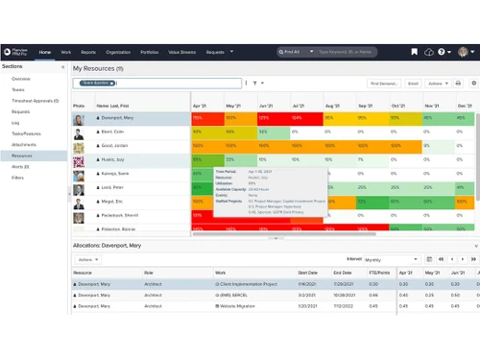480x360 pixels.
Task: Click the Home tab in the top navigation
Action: point(45,51)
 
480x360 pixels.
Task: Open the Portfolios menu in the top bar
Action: point(150,51)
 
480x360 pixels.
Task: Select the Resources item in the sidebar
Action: point(22,155)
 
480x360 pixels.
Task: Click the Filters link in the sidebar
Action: point(18,177)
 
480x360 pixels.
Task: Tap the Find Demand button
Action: point(385,84)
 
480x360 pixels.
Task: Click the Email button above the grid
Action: point(414,84)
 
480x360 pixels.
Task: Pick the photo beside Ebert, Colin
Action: point(80,131)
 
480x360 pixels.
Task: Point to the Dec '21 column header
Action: point(464,106)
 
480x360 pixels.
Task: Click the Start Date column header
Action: point(307,272)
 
